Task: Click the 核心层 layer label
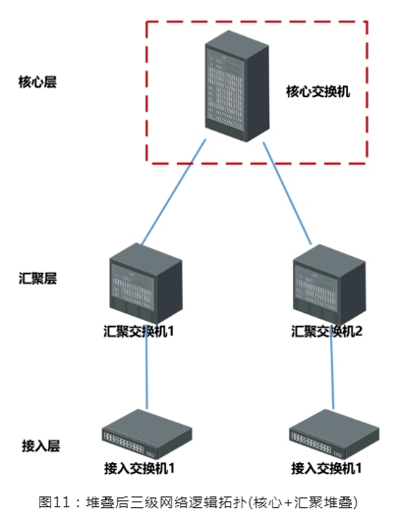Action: click(x=37, y=82)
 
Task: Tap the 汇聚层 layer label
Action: click(x=37, y=278)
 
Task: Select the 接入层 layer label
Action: click(x=41, y=445)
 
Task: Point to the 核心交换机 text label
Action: click(x=317, y=91)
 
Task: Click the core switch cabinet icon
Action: click(x=237, y=86)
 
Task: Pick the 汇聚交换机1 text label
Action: click(x=139, y=332)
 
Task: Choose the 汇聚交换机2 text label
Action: click(x=326, y=332)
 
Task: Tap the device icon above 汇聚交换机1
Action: click(x=146, y=284)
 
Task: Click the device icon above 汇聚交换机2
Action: click(x=329, y=285)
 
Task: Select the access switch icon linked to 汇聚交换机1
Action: click(x=146, y=434)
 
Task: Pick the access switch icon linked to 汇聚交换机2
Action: click(x=334, y=434)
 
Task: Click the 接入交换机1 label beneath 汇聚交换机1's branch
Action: click(x=140, y=468)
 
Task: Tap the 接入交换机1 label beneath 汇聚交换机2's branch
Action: click(x=326, y=468)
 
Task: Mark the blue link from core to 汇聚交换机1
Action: click(x=174, y=191)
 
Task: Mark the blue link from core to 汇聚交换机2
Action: click(x=287, y=193)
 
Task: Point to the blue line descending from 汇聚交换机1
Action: click(x=146, y=369)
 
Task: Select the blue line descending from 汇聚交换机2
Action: click(x=332, y=369)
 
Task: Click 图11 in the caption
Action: click(x=54, y=502)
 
